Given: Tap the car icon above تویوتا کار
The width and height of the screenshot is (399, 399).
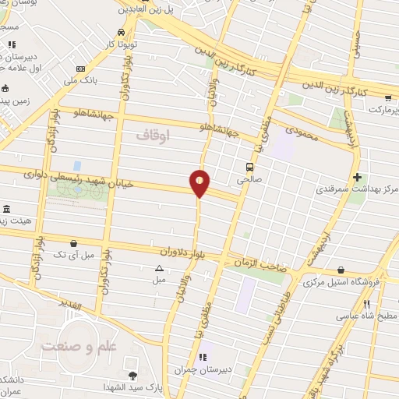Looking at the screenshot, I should point(121,32).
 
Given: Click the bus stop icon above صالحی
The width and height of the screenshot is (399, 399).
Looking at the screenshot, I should point(250,166).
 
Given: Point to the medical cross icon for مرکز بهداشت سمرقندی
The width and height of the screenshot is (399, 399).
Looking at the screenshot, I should point(358,177).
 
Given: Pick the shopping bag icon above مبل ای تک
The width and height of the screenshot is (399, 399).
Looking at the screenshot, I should point(74,244).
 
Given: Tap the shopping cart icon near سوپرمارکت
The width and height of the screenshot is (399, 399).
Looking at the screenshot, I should point(388,98).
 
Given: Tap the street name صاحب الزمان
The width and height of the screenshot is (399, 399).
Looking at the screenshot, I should point(258,263).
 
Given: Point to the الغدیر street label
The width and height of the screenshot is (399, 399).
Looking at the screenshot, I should point(74,306).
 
